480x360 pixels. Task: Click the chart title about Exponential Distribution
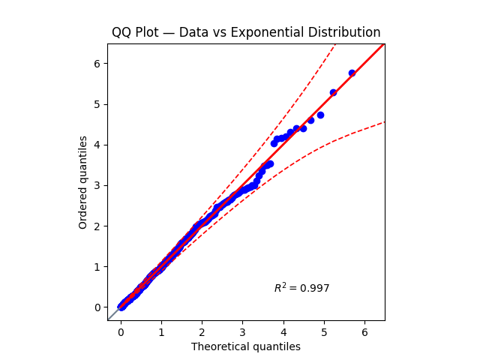coord(246,32)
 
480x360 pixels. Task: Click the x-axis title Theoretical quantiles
coord(246,346)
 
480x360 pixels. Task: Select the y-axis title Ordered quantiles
coord(83,182)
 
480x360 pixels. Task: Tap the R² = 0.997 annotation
coord(301,288)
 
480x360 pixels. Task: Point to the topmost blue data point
coord(352,73)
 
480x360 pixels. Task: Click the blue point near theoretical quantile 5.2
coord(333,93)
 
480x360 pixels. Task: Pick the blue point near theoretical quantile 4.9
coord(320,115)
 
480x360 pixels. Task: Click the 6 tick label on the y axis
coord(97,63)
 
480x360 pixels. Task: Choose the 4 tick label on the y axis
coord(97,145)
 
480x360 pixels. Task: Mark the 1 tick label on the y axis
coord(97,266)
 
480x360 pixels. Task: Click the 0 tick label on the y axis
coord(97,307)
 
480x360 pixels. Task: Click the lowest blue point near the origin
coord(121,306)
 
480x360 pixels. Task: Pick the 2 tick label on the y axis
coord(97,226)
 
